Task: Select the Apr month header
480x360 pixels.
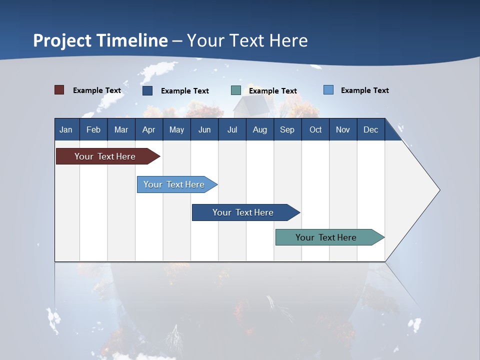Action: [149, 129]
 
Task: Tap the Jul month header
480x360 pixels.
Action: [232, 129]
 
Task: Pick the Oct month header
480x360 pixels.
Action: [315, 129]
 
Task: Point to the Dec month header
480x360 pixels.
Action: [371, 129]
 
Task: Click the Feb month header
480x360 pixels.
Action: [93, 129]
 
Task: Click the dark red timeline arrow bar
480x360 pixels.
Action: [108, 156]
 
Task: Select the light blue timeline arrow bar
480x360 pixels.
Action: [177, 184]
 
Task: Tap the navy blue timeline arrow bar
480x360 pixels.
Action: [246, 212]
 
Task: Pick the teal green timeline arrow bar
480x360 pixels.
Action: [330, 237]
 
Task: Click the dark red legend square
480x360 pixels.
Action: [59, 90]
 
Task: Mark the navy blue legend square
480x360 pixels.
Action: [147, 90]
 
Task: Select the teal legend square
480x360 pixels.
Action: [236, 90]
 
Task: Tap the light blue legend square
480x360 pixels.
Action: [328, 89]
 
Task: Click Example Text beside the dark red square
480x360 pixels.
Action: [97, 90]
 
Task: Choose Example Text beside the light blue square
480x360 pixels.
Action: [365, 90]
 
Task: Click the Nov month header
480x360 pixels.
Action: [343, 129]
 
